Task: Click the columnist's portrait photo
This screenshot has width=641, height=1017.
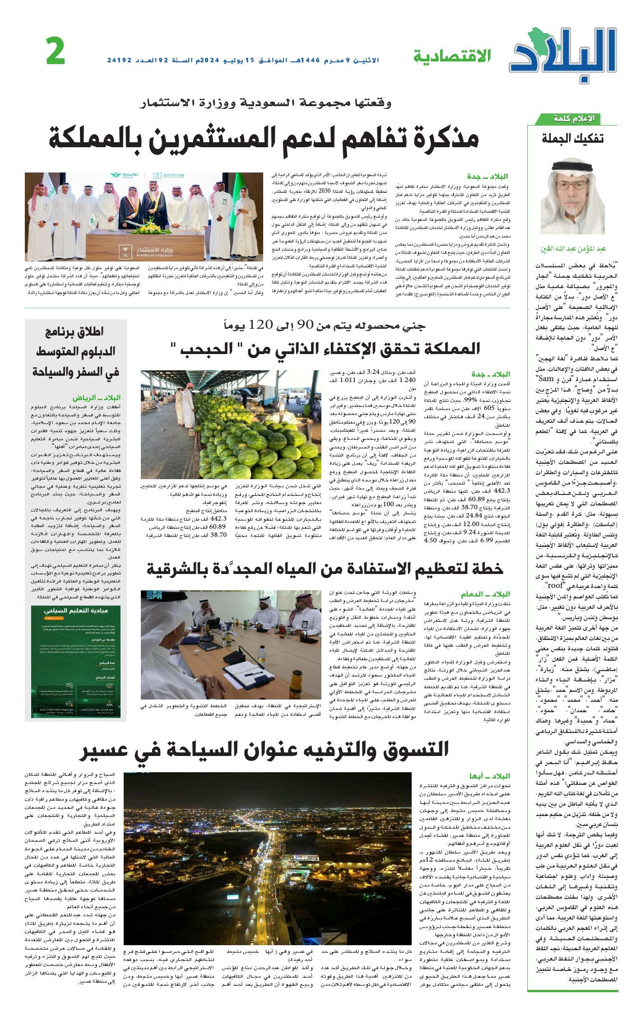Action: tap(572, 195)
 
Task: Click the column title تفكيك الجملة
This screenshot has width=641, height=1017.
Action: tap(572, 139)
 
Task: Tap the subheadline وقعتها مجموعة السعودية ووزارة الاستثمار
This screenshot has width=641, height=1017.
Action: tap(265, 103)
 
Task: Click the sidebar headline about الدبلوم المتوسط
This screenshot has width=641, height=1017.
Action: tap(76, 353)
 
